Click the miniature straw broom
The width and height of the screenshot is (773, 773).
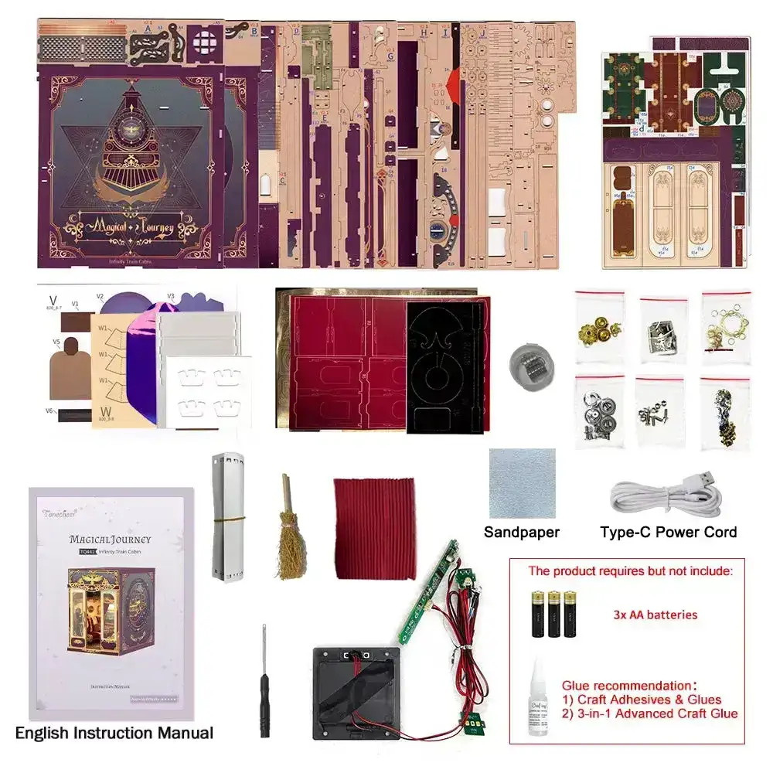point(291,533)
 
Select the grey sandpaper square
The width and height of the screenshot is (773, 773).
point(522,483)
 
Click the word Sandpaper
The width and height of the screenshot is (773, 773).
point(522,532)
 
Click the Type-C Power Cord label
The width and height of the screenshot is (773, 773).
point(669,532)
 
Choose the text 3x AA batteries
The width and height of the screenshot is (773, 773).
point(656,615)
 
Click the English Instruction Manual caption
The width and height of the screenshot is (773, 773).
point(114,733)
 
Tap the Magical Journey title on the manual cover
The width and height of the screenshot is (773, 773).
point(110,539)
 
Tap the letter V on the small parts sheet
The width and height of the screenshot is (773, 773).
point(52,300)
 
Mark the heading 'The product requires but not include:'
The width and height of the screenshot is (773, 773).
point(629,571)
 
